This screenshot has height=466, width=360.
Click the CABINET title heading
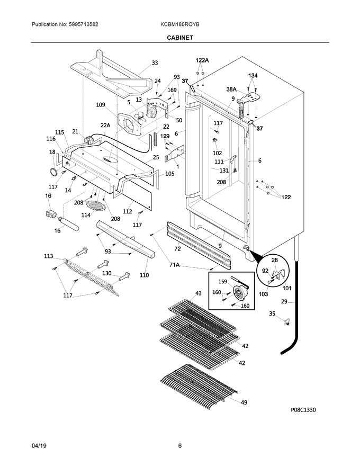tap(179, 38)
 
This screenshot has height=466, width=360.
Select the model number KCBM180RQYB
tap(180, 24)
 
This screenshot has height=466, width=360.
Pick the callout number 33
tap(155, 63)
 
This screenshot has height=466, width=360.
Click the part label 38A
tap(231, 90)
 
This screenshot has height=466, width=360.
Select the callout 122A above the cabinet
tap(202, 61)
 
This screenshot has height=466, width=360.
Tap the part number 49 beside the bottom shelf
tap(244, 402)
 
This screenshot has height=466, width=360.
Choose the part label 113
tap(49, 256)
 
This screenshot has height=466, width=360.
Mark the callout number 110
tap(144, 275)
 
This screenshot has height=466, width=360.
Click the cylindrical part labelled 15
tap(69, 223)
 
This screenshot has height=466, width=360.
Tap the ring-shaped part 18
tap(53, 171)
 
